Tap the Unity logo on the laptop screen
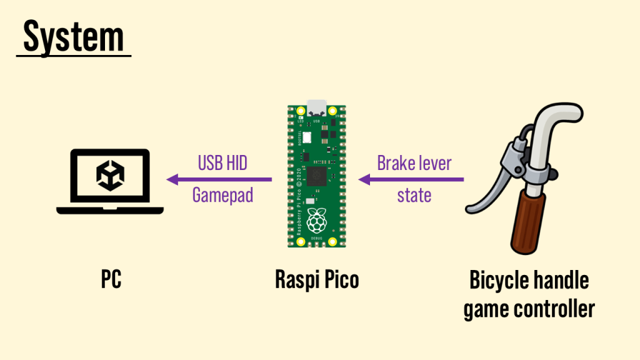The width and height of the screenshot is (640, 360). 110,175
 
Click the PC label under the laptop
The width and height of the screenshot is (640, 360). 111,279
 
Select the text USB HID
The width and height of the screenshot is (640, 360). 222,163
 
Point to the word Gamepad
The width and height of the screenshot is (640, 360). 222,195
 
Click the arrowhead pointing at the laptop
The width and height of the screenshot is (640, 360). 172,179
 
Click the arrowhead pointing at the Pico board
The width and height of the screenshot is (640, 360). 364,179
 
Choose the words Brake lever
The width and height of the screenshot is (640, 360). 414,163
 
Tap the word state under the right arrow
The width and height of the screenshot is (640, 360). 414,195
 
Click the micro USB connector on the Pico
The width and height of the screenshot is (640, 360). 317,106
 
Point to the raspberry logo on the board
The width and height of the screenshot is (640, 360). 317,219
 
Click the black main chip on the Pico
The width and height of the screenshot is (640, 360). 317,174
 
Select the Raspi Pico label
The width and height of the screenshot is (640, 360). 317,279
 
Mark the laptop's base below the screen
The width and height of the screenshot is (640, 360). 110,210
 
